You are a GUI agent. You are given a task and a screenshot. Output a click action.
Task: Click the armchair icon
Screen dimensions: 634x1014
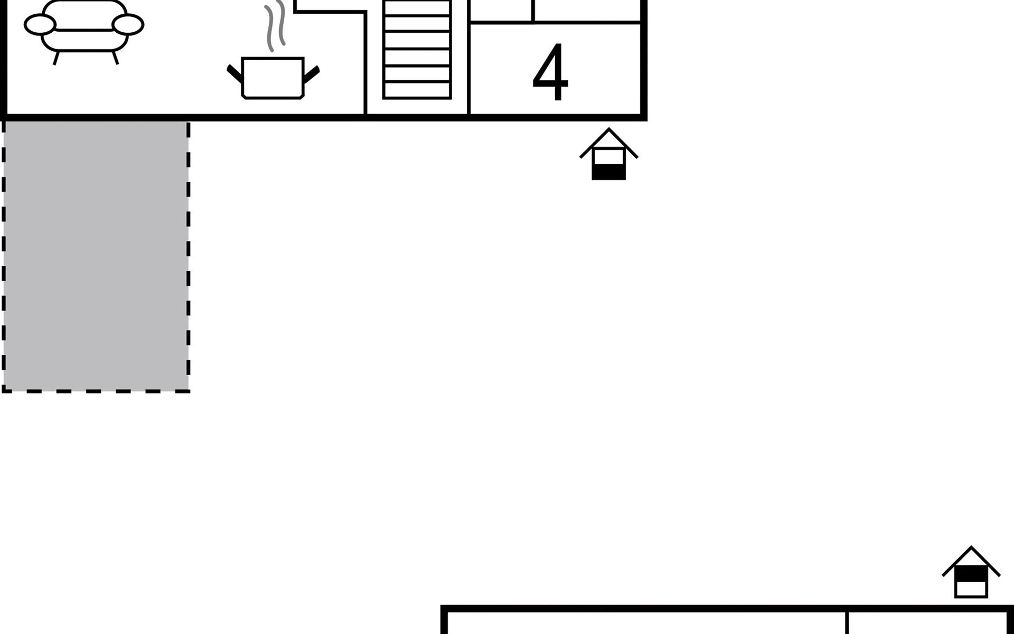tap(84, 29)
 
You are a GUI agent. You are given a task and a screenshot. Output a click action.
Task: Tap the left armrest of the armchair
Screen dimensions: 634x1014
tap(40, 24)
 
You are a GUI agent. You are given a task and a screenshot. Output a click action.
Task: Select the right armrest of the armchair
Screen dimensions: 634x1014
tap(128, 24)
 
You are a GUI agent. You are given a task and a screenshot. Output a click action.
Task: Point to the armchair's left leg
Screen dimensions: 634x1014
tap(56, 58)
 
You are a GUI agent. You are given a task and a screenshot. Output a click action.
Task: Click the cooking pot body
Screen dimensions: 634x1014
tap(273, 78)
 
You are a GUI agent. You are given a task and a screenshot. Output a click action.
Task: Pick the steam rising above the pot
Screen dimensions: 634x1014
tap(275, 26)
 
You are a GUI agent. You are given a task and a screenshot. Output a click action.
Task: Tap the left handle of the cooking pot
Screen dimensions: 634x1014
tap(234, 74)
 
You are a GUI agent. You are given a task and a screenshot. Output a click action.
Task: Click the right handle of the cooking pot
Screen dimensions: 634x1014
tap(312, 74)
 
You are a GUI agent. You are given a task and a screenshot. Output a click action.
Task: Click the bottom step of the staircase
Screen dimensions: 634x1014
tap(417, 90)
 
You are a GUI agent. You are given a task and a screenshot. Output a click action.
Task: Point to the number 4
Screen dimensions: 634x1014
tap(550, 72)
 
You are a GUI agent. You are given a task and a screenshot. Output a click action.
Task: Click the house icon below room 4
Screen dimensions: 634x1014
tap(608, 155)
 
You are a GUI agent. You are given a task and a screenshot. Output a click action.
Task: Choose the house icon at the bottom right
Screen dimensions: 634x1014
tap(971, 573)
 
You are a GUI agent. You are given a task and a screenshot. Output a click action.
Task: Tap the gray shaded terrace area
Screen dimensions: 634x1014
tap(96, 256)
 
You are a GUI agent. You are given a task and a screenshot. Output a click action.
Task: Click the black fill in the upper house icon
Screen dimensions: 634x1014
tap(608, 172)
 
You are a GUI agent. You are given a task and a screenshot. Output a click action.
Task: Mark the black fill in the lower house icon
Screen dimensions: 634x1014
tap(971, 574)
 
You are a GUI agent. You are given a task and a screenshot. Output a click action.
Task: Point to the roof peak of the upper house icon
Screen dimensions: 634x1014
tap(609, 129)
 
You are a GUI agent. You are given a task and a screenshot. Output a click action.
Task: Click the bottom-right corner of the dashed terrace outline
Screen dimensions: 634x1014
tap(189, 391)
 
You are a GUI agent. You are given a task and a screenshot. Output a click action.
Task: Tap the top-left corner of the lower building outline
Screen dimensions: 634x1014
tap(444, 609)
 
